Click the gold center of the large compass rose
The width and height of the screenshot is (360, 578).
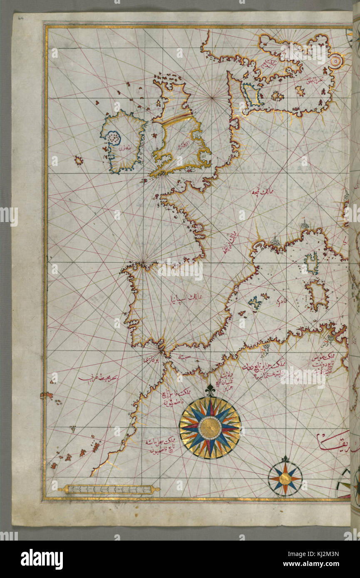(210, 427)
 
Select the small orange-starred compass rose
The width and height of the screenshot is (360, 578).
(285, 479)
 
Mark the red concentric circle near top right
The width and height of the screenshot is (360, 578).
(336, 62)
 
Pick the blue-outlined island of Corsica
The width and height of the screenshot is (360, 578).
(312, 263)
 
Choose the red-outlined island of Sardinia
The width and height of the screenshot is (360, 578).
(317, 294)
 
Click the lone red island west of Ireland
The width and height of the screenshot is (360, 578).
(78, 160)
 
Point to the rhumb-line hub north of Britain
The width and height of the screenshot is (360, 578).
(213, 98)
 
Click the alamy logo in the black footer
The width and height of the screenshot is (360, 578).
(42, 559)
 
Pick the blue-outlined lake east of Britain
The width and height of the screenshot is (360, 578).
(251, 94)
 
